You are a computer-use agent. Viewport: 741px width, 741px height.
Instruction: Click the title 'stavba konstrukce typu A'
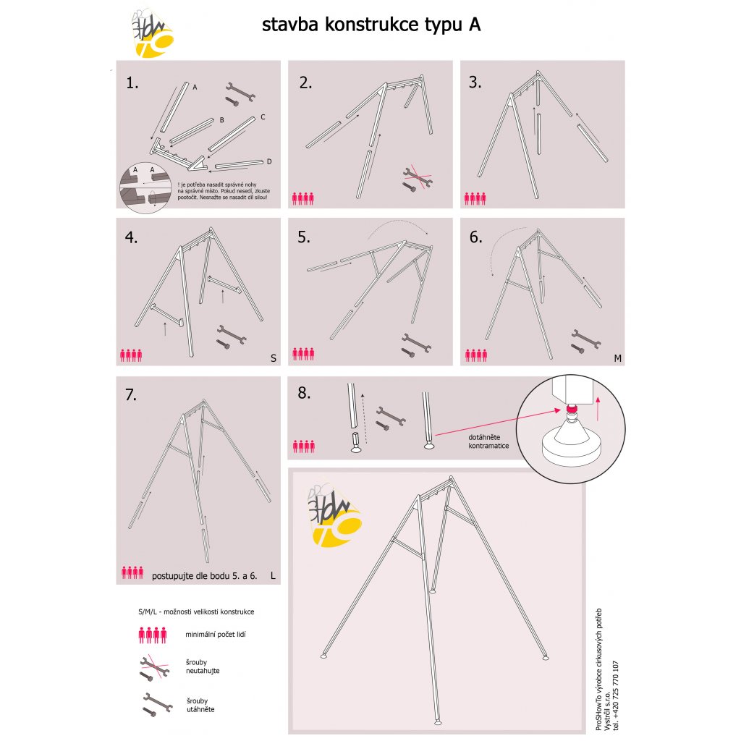click(x=371, y=25)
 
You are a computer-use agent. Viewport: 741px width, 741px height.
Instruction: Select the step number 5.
click(x=304, y=237)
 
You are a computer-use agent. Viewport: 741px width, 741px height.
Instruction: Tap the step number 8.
click(x=304, y=394)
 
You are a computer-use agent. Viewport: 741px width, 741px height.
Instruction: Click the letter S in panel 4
click(x=273, y=358)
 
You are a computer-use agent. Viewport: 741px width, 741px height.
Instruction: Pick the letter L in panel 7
click(x=271, y=577)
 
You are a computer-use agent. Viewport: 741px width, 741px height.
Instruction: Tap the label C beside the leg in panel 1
click(x=263, y=117)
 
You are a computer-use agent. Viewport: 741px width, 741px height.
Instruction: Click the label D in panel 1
click(x=268, y=161)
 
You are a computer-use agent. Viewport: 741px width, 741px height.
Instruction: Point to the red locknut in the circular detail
click(x=571, y=410)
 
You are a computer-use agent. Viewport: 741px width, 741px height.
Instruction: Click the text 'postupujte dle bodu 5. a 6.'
click(x=205, y=577)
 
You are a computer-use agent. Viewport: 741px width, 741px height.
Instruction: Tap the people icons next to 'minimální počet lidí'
click(x=153, y=635)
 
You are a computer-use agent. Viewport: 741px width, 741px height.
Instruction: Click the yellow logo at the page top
click(x=153, y=35)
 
